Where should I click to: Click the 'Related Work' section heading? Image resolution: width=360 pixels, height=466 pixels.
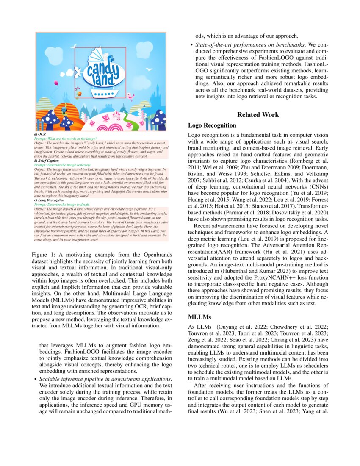coord(258,115)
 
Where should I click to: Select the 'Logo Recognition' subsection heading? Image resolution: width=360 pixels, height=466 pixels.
coord(212,125)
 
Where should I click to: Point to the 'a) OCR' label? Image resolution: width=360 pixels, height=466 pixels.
coord(39,134)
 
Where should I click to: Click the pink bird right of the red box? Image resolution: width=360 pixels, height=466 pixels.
coord(132,97)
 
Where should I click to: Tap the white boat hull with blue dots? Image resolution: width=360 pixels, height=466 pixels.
coord(102,92)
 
